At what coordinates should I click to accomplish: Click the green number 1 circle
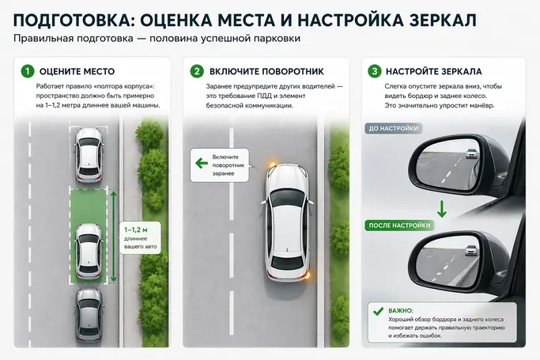pos(28,71)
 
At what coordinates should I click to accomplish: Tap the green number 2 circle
pos(197,71)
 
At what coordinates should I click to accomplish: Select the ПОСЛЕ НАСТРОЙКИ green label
pos(400,225)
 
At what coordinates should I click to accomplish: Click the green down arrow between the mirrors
pos(442,210)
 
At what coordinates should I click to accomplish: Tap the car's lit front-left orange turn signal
pos(271,164)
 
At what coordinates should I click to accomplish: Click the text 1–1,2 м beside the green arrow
pos(136,230)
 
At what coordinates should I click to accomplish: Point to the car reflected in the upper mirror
pos(471,153)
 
